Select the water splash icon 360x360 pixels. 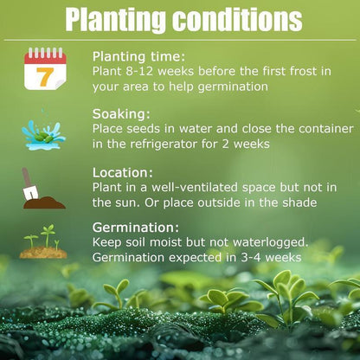(43, 133)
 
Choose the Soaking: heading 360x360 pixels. (122, 112)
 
